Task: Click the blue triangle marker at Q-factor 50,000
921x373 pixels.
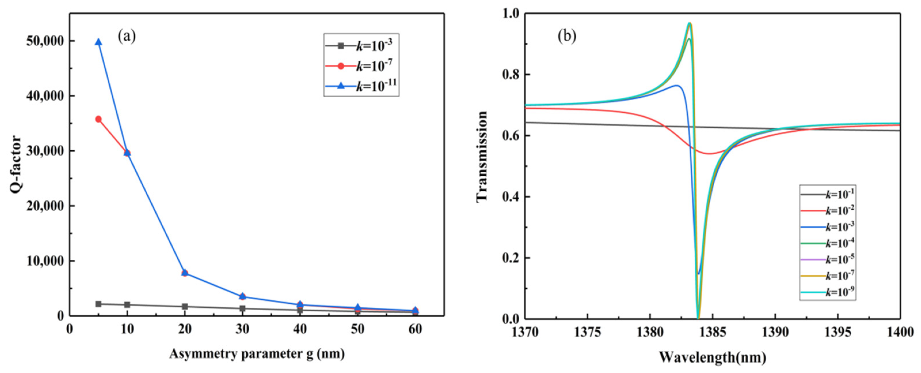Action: pyautogui.click(x=98, y=42)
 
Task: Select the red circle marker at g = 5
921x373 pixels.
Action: pyautogui.click(x=98, y=119)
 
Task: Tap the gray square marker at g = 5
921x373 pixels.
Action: pyautogui.click(x=98, y=304)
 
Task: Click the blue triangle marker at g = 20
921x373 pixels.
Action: pyautogui.click(x=185, y=272)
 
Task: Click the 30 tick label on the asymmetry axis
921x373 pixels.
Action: pyautogui.click(x=242, y=329)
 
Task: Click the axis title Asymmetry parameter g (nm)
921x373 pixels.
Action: pyautogui.click(x=257, y=354)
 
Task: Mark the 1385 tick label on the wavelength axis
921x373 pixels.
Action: pyautogui.click(x=713, y=332)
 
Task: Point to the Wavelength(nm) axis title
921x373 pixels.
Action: pyautogui.click(x=713, y=357)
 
